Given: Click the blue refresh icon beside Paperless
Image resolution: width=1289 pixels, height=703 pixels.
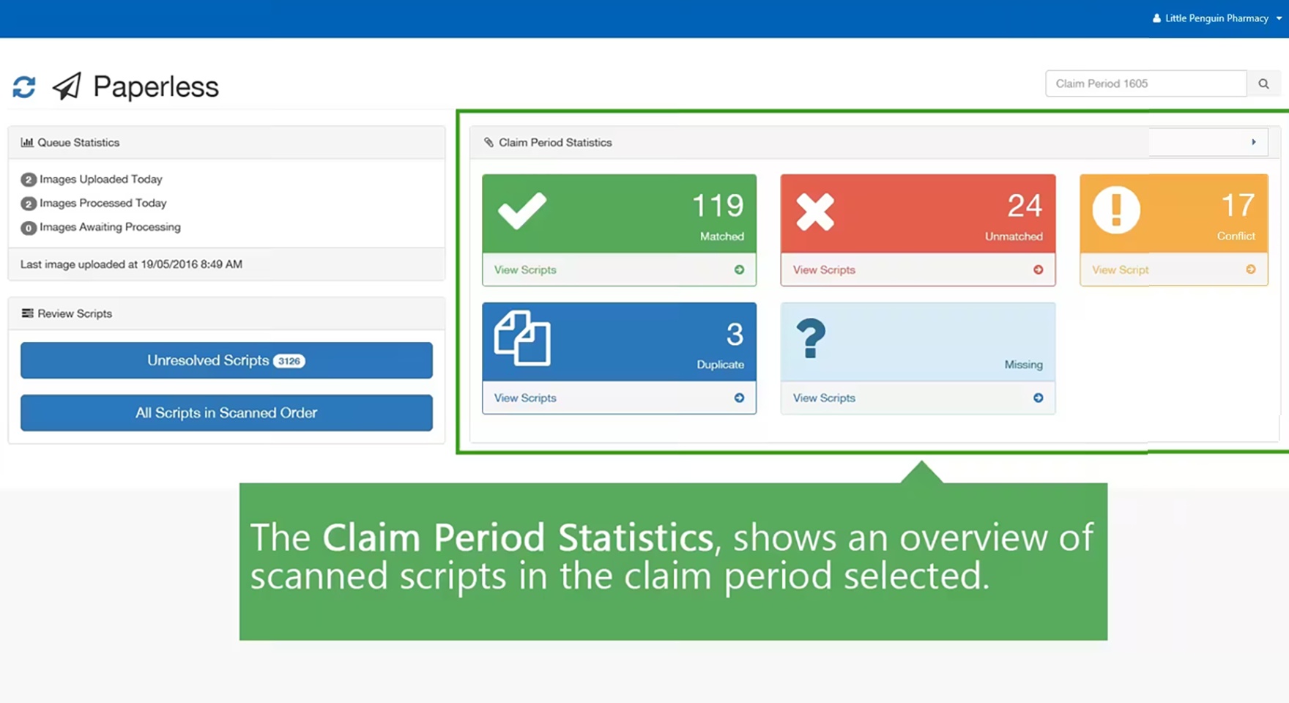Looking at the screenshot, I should (24, 86).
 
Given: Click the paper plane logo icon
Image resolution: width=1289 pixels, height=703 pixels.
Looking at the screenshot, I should (67, 86).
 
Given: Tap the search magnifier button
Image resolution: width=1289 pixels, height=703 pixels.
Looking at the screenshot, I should (1263, 83).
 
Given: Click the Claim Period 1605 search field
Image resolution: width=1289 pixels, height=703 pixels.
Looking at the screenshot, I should (1145, 83).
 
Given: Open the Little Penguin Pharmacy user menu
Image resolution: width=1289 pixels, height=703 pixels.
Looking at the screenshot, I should (1216, 18).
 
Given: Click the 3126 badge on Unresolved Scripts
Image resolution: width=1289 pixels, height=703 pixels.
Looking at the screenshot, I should (289, 361).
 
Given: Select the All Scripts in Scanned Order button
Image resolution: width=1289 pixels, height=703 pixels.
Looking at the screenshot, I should (226, 413).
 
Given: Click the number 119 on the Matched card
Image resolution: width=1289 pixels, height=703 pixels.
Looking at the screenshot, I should (717, 206).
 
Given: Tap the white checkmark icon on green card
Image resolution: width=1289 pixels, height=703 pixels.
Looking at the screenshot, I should (521, 211).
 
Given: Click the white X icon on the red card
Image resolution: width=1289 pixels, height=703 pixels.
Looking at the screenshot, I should (815, 212).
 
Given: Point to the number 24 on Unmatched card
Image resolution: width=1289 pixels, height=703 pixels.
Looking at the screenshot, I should (1024, 206).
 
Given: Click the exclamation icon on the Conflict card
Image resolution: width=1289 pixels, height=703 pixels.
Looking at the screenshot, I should (1116, 211).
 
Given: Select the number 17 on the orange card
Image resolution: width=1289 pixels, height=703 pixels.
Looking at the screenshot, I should (1237, 206).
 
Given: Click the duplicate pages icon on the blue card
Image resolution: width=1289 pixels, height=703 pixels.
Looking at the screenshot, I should (522, 338).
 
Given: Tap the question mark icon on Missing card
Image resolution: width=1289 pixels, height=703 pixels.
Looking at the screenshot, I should (810, 338).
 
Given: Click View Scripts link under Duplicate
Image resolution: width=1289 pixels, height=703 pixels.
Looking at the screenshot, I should (525, 398).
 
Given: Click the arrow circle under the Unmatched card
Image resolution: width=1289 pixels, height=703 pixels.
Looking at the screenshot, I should (1038, 269).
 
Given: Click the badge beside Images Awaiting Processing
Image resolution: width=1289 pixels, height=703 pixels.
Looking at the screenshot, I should (29, 228).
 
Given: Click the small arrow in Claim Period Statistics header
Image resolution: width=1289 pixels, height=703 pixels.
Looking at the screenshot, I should (1253, 142).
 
